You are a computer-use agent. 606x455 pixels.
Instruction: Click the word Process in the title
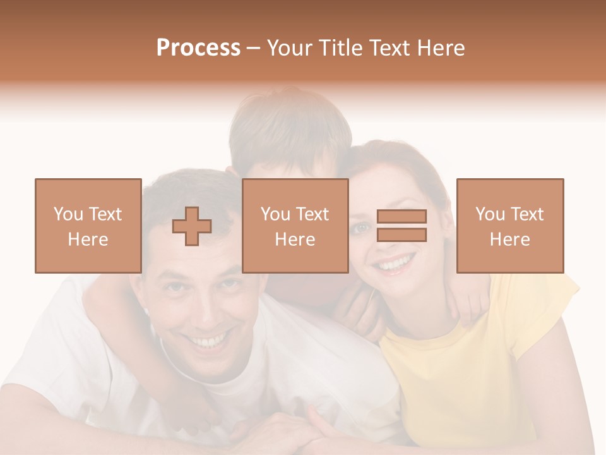[x=198, y=48]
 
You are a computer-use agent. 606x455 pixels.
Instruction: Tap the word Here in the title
[x=439, y=48]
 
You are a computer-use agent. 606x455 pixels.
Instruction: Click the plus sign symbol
[x=192, y=226]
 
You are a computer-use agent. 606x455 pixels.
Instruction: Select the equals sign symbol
[x=401, y=226]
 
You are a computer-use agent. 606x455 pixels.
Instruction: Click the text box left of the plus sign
[x=88, y=226]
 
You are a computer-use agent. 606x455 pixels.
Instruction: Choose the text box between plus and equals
[x=295, y=226]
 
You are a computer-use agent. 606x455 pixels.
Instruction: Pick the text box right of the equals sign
[x=510, y=226]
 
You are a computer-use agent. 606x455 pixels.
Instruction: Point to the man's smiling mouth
[x=210, y=341]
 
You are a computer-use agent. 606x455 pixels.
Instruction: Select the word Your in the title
[x=289, y=48]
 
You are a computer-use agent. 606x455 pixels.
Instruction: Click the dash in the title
[x=253, y=48]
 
